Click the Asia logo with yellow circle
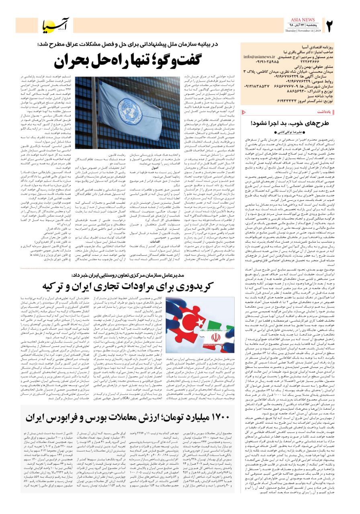tap(57, 26)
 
